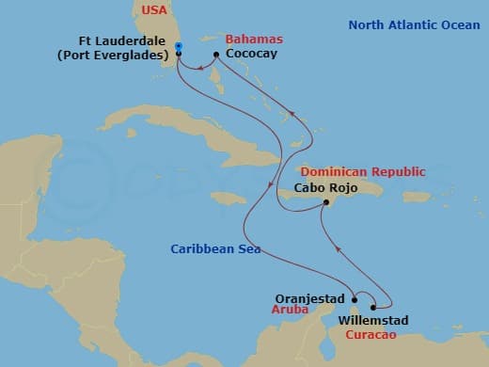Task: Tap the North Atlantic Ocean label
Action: (x=415, y=24)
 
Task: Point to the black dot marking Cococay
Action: (x=216, y=55)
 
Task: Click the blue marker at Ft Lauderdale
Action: (x=179, y=45)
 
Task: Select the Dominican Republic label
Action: (x=362, y=172)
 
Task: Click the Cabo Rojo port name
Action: (x=326, y=187)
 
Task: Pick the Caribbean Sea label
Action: (x=216, y=249)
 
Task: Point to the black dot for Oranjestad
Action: (x=354, y=300)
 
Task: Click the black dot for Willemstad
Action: (x=374, y=306)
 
